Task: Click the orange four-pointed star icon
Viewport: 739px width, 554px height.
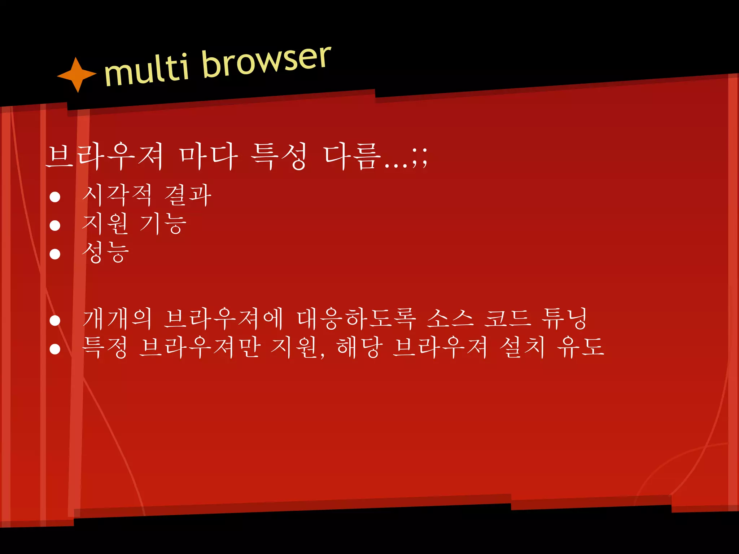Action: (x=77, y=75)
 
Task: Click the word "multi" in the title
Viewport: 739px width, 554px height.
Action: (x=147, y=70)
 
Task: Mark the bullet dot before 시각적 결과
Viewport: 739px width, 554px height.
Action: (x=55, y=197)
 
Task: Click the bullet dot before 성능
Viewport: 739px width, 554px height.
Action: (x=55, y=254)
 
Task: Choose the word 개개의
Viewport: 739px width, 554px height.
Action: (x=117, y=319)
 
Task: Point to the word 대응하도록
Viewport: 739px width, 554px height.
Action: (x=356, y=319)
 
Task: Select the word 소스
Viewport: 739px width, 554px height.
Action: (x=450, y=319)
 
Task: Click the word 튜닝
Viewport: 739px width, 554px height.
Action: (x=565, y=319)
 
